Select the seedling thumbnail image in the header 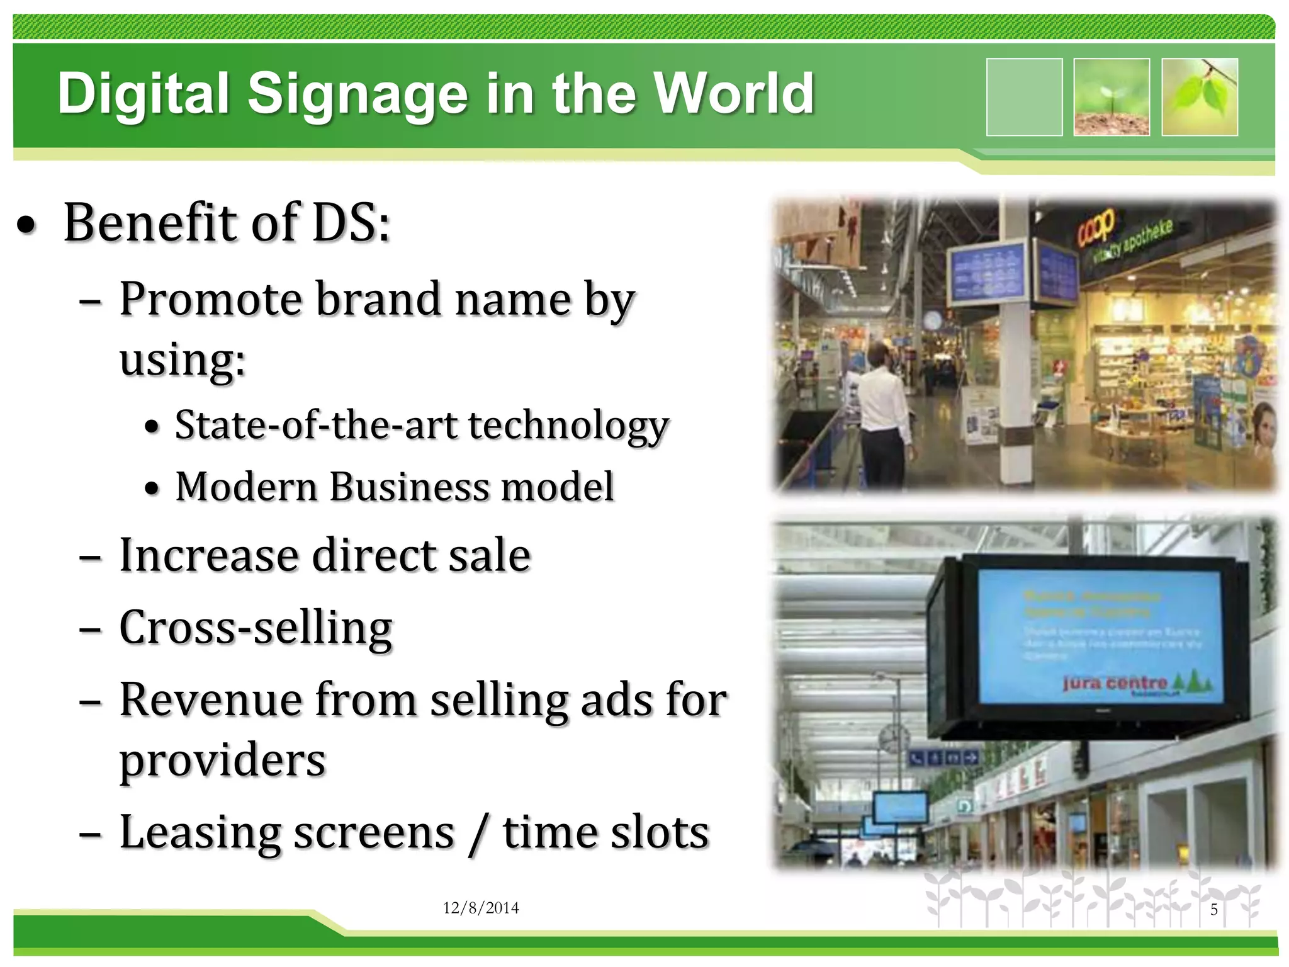click(1111, 97)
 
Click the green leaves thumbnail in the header click(1199, 97)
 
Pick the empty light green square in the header click(1024, 97)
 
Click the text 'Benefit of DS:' click(227, 223)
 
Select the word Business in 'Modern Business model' click(409, 487)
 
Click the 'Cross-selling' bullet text click(256, 627)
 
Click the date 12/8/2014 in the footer click(481, 908)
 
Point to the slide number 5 click(1214, 910)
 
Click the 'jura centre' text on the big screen click(1115, 683)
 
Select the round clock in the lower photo click(893, 739)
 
